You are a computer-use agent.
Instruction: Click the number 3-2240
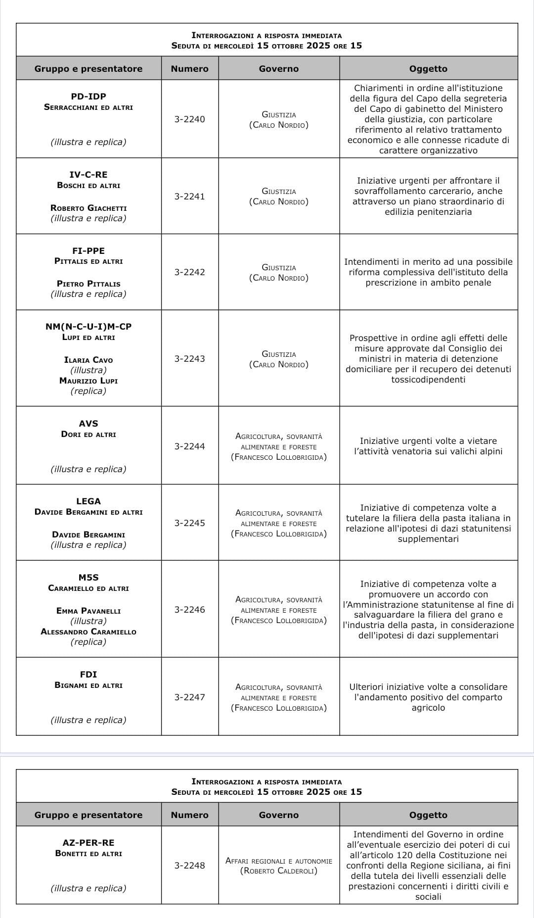pyautogui.click(x=189, y=119)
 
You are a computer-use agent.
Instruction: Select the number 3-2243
pyautogui.click(x=189, y=359)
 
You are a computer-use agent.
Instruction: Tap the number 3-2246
pyautogui.click(x=189, y=610)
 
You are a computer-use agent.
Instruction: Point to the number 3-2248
pyautogui.click(x=189, y=866)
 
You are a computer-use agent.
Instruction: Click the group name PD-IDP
pyautogui.click(x=89, y=97)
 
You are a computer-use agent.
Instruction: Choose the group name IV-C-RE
pyautogui.click(x=89, y=175)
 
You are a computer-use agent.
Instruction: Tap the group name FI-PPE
pyautogui.click(x=89, y=251)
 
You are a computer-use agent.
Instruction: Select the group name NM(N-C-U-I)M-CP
pyautogui.click(x=89, y=327)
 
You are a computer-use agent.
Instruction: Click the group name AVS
pyautogui.click(x=89, y=424)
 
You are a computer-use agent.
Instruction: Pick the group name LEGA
pyautogui.click(x=89, y=501)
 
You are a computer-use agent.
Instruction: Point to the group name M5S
pyautogui.click(x=89, y=578)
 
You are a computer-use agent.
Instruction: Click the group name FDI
pyautogui.click(x=89, y=675)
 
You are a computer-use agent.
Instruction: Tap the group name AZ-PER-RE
pyautogui.click(x=89, y=843)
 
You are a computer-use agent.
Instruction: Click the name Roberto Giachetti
pyautogui.click(x=89, y=208)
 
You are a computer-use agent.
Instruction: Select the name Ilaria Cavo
pyautogui.click(x=89, y=360)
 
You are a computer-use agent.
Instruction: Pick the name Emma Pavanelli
pyautogui.click(x=89, y=611)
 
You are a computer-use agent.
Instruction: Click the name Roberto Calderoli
pyautogui.click(x=279, y=871)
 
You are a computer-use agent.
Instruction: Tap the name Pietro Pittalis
pyautogui.click(x=89, y=284)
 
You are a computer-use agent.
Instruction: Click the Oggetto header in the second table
pyautogui.click(x=428, y=815)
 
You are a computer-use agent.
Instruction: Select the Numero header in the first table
pyautogui.click(x=189, y=69)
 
